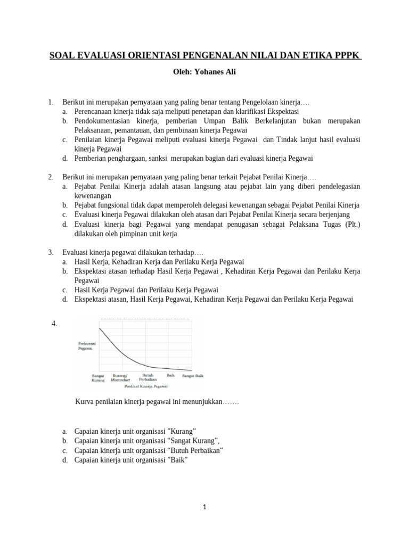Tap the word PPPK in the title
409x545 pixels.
click(x=347, y=55)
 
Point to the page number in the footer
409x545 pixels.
click(x=204, y=507)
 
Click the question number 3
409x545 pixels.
click(x=50, y=252)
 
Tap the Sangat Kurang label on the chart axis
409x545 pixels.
click(x=99, y=377)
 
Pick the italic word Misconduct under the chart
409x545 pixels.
click(x=120, y=380)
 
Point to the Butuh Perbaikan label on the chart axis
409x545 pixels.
click(x=148, y=377)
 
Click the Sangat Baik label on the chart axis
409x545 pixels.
click(x=193, y=376)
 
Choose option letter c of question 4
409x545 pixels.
click(x=64, y=450)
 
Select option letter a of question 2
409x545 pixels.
click(x=64, y=186)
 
